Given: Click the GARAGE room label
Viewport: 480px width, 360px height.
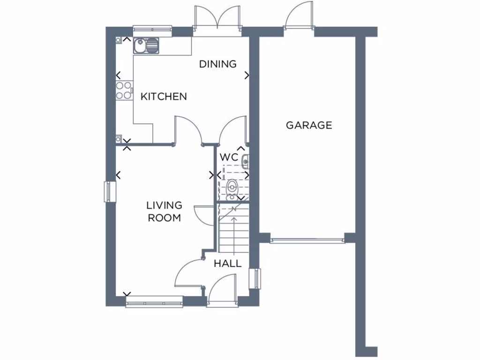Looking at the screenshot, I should coord(309,125).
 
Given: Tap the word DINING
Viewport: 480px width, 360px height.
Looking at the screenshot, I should coord(218,64).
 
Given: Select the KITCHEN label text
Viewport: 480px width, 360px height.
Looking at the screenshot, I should coord(164,97).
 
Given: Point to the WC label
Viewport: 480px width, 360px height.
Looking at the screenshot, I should coord(230,157).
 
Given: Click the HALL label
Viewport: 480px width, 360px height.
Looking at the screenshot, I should coord(228,263).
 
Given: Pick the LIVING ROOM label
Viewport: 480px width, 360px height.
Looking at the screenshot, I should coord(164,211).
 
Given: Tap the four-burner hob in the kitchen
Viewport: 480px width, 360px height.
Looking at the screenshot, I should coord(124,90).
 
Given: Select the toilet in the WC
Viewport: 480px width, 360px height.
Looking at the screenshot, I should coord(232,189).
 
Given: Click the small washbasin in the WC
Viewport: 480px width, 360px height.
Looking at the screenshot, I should coord(245,162).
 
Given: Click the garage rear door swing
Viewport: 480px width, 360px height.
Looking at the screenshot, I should coord(298,18).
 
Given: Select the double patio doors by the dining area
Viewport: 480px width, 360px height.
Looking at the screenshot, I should coord(217,21).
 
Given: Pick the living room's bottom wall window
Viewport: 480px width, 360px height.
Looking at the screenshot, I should coord(154,301).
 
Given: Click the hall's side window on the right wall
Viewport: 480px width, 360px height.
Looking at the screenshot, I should coord(255,278).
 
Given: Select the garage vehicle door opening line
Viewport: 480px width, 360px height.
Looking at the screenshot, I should coord(307,241).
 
